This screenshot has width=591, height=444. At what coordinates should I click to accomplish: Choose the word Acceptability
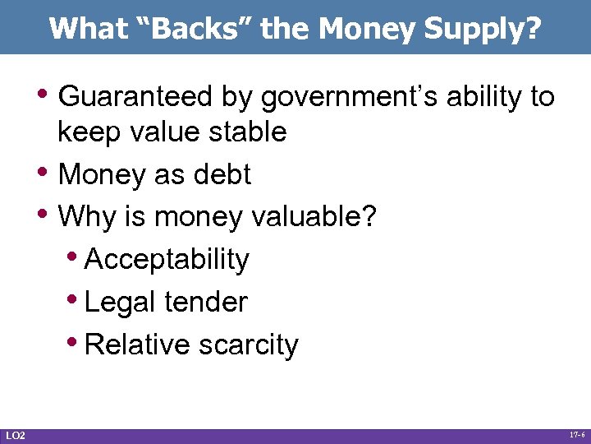tap(167, 260)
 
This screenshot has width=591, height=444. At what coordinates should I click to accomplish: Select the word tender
tap(204, 302)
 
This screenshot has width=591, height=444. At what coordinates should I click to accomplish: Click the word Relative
tap(137, 345)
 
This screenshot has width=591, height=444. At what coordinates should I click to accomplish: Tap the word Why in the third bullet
tap(85, 217)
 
